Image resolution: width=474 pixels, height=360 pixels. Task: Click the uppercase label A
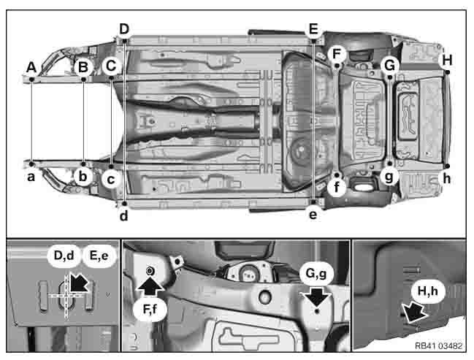pyautogui.click(x=31, y=66)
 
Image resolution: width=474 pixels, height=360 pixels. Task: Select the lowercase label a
pyautogui.click(x=31, y=176)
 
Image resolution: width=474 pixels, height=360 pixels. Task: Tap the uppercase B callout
pyautogui.click(x=83, y=67)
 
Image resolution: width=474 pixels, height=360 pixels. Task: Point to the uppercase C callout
pyautogui.click(x=111, y=66)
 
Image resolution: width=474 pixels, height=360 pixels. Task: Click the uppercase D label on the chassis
pyautogui.click(x=124, y=28)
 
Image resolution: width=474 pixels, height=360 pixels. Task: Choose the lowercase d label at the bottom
pyautogui.click(x=124, y=215)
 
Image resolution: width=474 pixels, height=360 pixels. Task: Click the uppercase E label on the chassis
pyautogui.click(x=313, y=29)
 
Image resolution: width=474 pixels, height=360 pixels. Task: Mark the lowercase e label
pyautogui.click(x=313, y=215)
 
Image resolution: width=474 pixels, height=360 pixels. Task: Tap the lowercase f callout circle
pyautogui.click(x=336, y=187)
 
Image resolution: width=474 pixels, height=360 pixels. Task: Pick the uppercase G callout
pyautogui.click(x=390, y=64)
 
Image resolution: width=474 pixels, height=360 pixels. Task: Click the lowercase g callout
pyautogui.click(x=390, y=176)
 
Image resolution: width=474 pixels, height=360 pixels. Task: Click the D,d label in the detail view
pyautogui.click(x=65, y=256)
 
